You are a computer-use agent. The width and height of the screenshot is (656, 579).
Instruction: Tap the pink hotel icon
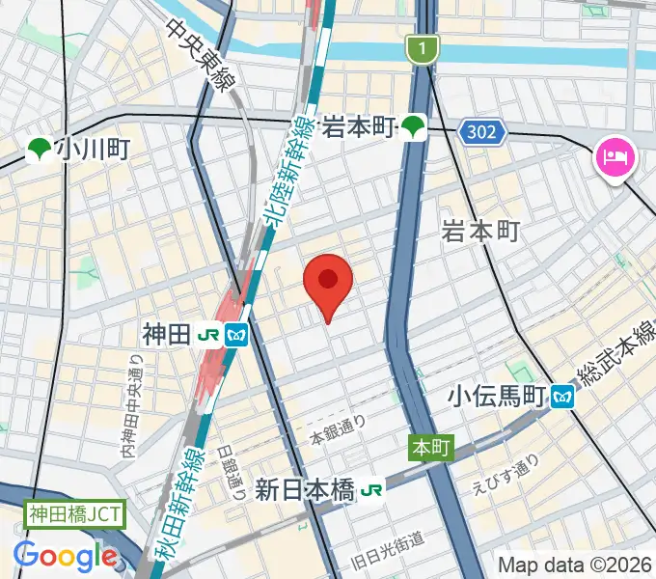coord(614,155)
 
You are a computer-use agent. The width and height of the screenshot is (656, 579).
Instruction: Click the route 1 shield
coord(422,47)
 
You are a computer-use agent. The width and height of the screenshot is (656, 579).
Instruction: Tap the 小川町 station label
coord(92,150)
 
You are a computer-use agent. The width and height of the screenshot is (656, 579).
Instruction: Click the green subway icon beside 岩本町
coord(414,125)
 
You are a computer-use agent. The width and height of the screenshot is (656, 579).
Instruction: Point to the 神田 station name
coord(166,335)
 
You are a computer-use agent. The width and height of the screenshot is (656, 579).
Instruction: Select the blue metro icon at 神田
coord(236,336)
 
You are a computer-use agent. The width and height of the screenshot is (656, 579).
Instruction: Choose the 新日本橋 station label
coord(305,489)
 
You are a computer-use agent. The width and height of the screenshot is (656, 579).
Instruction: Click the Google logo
coord(65,556)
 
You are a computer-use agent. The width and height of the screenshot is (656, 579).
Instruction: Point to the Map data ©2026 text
coord(575,565)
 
